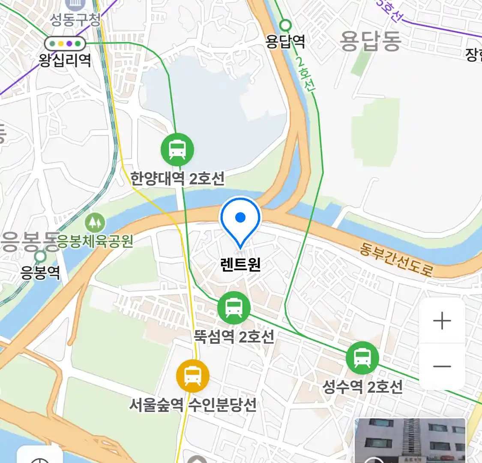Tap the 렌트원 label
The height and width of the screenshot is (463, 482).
click(240, 264)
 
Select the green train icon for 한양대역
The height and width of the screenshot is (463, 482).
click(177, 150)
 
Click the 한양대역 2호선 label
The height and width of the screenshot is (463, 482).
click(177, 178)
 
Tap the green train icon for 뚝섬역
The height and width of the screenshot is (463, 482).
click(234, 308)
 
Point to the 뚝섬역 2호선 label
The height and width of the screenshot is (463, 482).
click(234, 336)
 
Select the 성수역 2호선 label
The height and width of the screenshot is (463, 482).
click(362, 387)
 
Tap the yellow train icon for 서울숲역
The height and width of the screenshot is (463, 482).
click(193, 376)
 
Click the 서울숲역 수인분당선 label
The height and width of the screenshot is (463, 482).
click(193, 404)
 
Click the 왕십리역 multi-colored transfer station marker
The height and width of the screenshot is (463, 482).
click(65, 43)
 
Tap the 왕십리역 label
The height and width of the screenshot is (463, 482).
click(65, 60)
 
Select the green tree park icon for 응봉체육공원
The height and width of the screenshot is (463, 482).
click(95, 222)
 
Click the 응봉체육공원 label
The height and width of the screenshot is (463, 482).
click(96, 241)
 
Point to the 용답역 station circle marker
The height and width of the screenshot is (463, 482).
click(285, 25)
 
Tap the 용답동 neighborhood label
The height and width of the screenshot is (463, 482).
click(371, 41)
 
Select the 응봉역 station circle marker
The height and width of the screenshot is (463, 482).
click(40, 257)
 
